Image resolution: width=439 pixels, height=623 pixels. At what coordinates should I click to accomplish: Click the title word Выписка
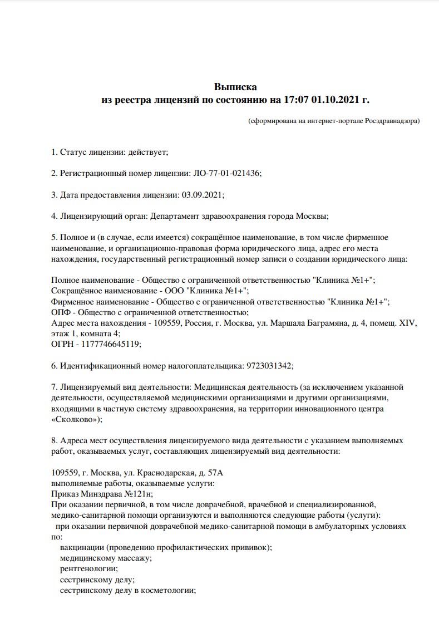coord(235,87)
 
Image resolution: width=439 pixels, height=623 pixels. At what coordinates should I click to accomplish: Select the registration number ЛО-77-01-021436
coord(226,173)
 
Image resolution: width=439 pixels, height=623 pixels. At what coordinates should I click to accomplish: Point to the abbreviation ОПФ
coord(61,312)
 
